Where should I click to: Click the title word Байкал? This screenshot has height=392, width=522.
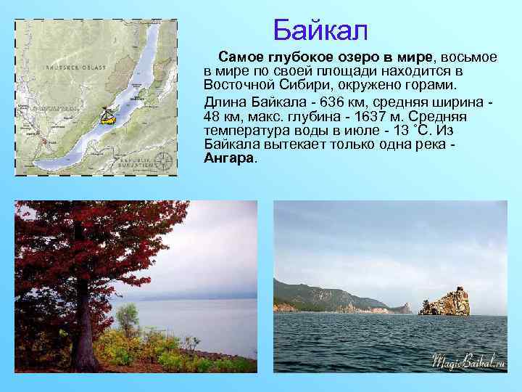click(321, 30)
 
